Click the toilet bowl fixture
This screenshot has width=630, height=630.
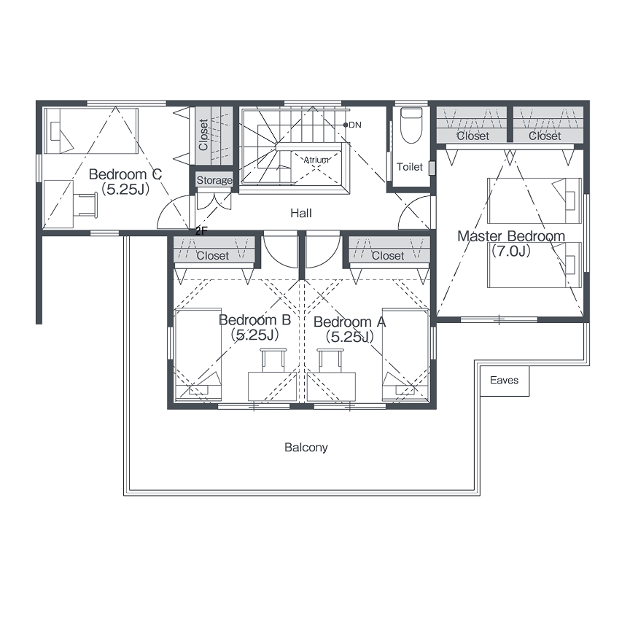pyautogui.click(x=411, y=125)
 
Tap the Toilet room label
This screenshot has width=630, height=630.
pyautogui.click(x=409, y=167)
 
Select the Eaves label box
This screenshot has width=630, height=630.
pyautogui.click(x=505, y=380)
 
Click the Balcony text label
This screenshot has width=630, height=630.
pyautogui.click(x=306, y=447)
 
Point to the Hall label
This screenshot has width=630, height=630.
pyautogui.click(x=301, y=213)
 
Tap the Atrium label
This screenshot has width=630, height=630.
pyautogui.click(x=316, y=160)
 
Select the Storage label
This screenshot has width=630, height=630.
pyautogui.click(x=214, y=180)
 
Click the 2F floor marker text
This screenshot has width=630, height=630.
pyautogui.click(x=201, y=231)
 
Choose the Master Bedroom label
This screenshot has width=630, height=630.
pyautogui.click(x=511, y=236)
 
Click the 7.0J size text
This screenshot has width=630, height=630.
pyautogui.click(x=511, y=251)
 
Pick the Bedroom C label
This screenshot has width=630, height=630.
pyautogui.click(x=125, y=174)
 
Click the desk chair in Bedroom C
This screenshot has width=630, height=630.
pyautogui.click(x=87, y=205)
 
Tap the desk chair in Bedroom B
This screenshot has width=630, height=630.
pyautogui.click(x=273, y=360)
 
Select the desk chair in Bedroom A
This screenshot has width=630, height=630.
pyautogui.click(x=330, y=360)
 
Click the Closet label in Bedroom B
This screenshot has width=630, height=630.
pyautogui.click(x=212, y=255)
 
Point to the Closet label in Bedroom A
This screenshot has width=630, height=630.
pyautogui.click(x=388, y=255)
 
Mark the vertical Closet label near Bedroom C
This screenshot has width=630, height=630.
pyautogui.click(x=203, y=135)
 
